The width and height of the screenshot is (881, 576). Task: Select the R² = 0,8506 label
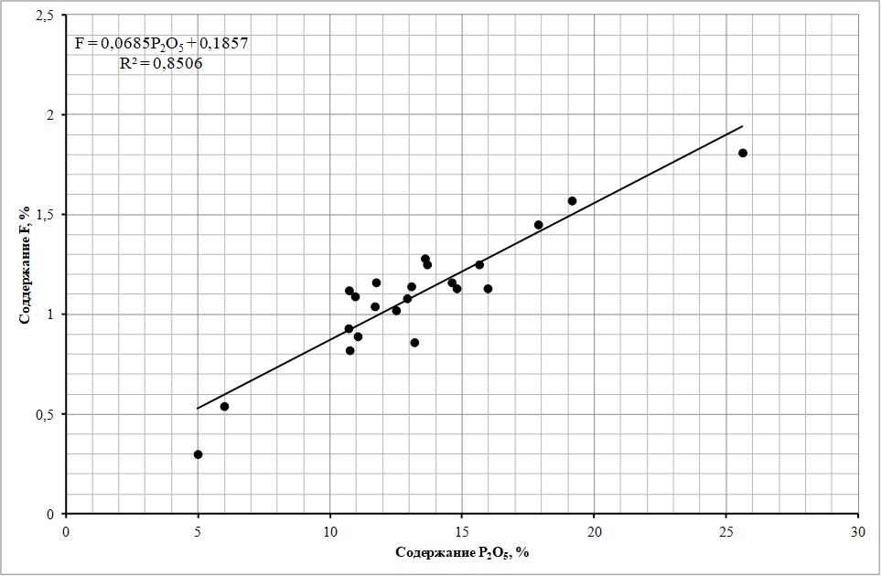161,63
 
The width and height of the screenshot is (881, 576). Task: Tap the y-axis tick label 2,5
44,16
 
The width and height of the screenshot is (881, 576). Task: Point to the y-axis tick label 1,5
44,215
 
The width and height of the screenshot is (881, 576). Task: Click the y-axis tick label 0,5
44,414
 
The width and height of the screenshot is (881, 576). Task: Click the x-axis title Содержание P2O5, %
462,552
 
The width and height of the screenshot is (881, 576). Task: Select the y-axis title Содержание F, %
26,265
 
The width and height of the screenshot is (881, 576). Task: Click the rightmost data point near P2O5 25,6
743,153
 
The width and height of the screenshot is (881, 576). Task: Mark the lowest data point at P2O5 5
198,454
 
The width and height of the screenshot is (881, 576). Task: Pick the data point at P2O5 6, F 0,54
224,406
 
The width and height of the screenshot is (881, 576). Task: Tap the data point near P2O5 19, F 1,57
572,201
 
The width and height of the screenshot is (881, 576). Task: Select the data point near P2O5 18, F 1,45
538,225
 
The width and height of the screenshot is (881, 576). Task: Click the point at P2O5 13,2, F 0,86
414,343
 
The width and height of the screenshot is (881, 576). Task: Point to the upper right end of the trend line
742,127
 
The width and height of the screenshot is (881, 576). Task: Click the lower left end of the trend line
198,409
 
